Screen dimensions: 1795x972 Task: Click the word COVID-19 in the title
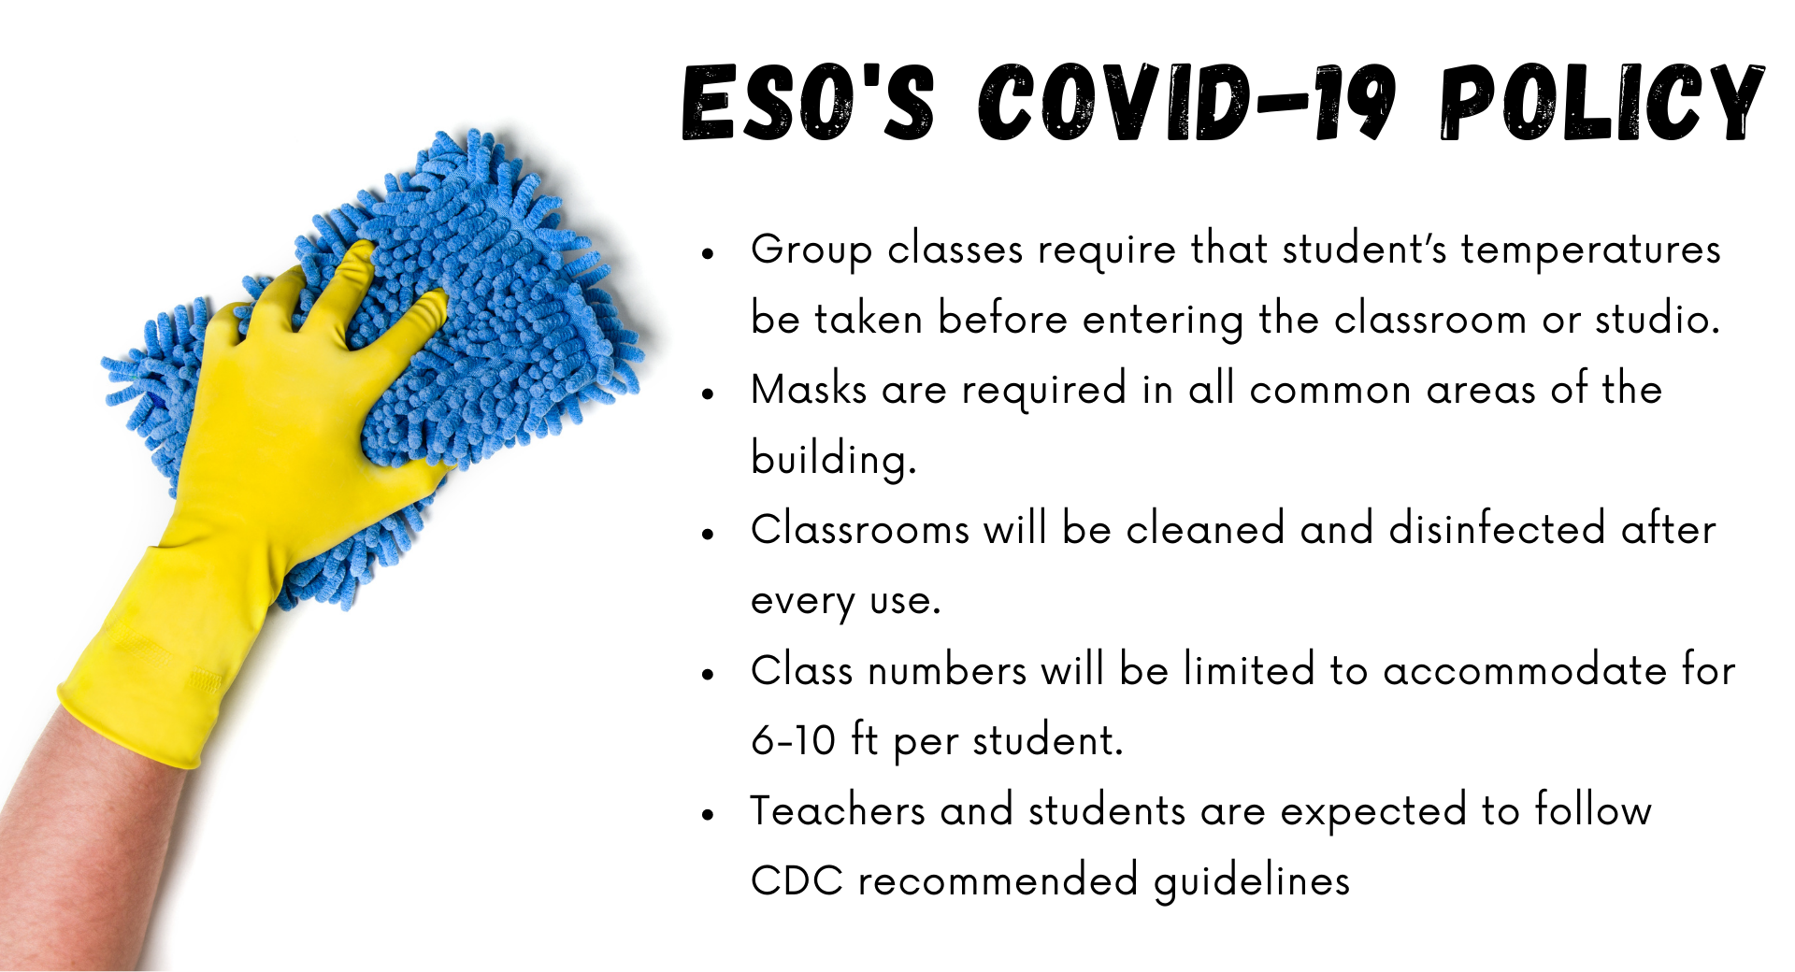pyautogui.click(x=1187, y=102)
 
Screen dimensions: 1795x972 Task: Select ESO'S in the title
pyautogui.click(x=808, y=102)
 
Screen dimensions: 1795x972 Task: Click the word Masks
pyautogui.click(x=809, y=389)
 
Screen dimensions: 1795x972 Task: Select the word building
pyautogui.click(x=834, y=460)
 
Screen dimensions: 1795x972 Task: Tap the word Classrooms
pyautogui.click(x=860, y=529)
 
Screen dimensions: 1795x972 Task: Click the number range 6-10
pyautogui.click(x=794, y=740)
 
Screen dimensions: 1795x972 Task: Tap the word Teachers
pyautogui.click(x=838, y=810)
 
